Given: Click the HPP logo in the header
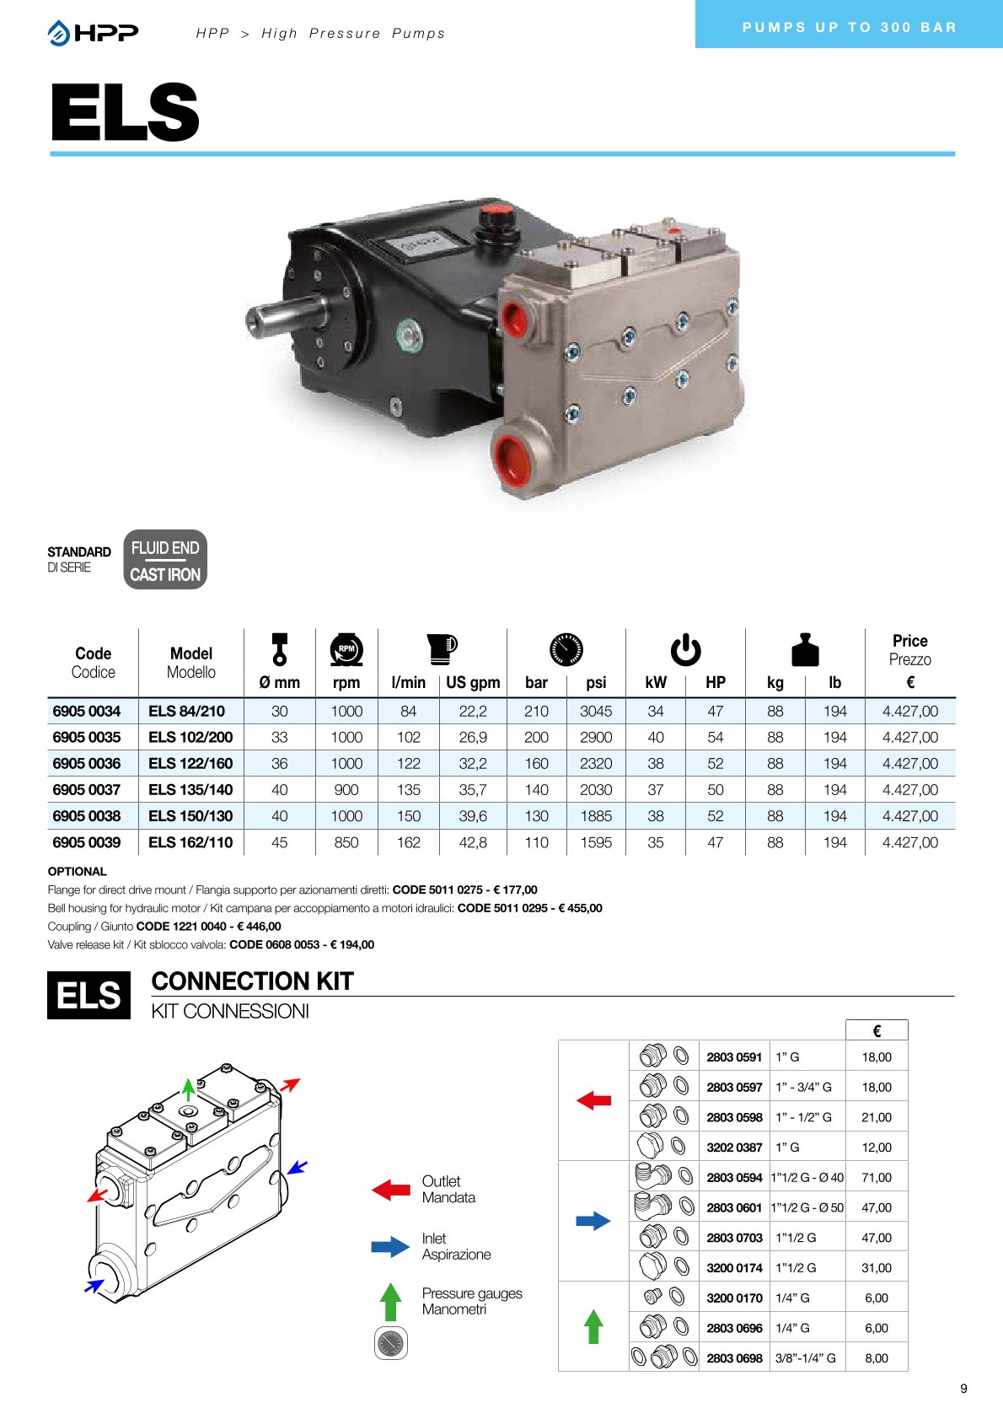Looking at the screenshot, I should click(x=93, y=33).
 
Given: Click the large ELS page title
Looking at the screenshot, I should click(x=125, y=112).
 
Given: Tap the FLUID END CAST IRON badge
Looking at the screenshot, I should click(x=165, y=560).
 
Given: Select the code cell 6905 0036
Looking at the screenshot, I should click(x=87, y=763).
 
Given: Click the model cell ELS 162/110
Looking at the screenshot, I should click(x=190, y=842).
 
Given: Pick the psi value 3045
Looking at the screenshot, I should click(x=596, y=711).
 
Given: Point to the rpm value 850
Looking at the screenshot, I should click(x=346, y=842).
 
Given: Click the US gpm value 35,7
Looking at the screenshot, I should click(x=473, y=790).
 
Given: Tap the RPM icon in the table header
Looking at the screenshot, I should click(x=346, y=649).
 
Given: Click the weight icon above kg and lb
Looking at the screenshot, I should click(x=805, y=650).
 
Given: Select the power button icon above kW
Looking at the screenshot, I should click(x=685, y=650).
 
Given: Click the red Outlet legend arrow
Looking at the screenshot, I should click(x=391, y=1190).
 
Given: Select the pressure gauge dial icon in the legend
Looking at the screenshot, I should click(x=390, y=1343).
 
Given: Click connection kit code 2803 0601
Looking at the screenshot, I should click(x=734, y=1207).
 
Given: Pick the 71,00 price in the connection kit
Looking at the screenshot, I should click(x=877, y=1177).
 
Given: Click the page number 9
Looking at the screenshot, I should click(x=963, y=1389).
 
